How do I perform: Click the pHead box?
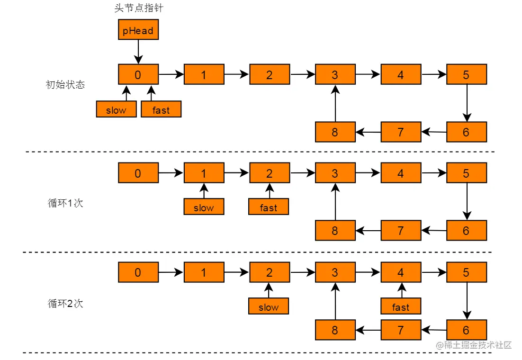coord(138,30)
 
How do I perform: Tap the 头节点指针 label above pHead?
coord(138,8)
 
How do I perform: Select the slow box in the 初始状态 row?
coord(116,109)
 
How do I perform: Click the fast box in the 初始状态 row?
coord(161,109)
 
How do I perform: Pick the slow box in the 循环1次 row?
coord(204,207)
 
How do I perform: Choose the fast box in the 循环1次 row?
coord(269,207)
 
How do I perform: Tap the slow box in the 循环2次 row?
coord(269,306)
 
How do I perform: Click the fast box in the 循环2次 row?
coord(401,306)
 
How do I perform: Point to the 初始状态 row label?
coord(65,85)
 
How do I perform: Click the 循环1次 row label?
coord(65,203)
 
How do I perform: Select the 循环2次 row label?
coord(65,303)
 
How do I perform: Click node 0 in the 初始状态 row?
coord(138,74)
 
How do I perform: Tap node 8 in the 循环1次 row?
coord(335,231)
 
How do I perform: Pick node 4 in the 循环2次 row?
coord(401,272)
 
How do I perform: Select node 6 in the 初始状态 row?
coord(467,132)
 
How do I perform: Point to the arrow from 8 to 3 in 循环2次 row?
coord(335,301)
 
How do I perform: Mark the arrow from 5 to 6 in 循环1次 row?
coord(467,201)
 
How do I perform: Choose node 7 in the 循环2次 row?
coord(401,330)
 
